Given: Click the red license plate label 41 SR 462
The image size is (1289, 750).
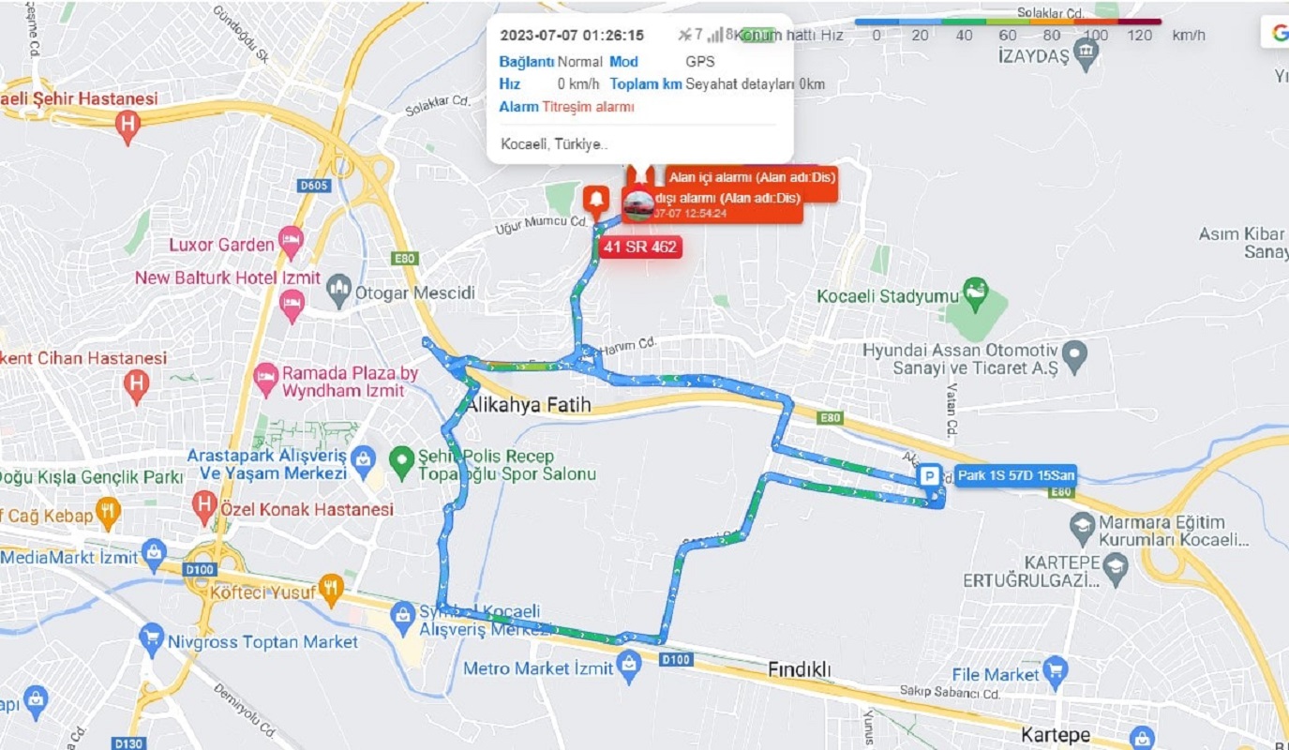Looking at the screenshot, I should (x=640, y=247).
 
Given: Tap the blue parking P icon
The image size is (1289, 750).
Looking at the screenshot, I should (x=930, y=477).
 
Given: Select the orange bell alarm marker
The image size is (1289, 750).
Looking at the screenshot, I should (x=595, y=199).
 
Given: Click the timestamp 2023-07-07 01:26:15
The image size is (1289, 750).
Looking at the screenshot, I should (x=572, y=36).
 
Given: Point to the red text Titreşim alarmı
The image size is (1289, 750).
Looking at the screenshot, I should (x=588, y=107).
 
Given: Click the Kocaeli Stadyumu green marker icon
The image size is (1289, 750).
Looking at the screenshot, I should (x=976, y=290).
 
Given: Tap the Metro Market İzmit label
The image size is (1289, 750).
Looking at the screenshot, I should (x=538, y=668).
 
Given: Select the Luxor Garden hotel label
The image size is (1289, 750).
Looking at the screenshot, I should (x=221, y=245).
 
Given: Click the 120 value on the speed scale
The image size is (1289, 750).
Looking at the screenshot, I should (x=1139, y=36).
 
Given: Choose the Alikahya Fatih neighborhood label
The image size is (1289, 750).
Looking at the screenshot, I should (x=529, y=405).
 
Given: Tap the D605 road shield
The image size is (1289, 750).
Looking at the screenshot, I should (x=314, y=186).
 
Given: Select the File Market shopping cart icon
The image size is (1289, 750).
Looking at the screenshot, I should (x=1056, y=671).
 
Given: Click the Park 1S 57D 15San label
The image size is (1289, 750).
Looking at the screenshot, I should (x=1015, y=476).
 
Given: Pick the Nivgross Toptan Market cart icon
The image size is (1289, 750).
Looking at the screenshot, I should (x=151, y=639).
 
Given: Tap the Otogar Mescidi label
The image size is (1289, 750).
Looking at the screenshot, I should (x=414, y=293).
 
